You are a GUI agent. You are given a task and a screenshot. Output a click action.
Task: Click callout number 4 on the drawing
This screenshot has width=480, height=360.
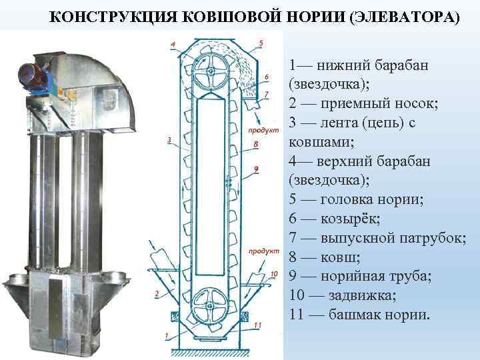[173, 45]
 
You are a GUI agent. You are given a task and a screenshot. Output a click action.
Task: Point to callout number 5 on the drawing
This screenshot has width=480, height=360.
[261, 43]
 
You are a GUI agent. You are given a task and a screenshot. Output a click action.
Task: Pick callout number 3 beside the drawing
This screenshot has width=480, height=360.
[169, 141]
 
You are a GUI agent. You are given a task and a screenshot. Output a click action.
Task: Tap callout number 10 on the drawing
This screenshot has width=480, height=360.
[275, 274]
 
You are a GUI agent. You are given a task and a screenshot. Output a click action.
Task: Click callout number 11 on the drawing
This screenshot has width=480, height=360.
[257, 325]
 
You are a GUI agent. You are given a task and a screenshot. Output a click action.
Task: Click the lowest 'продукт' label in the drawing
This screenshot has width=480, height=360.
[263, 251]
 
